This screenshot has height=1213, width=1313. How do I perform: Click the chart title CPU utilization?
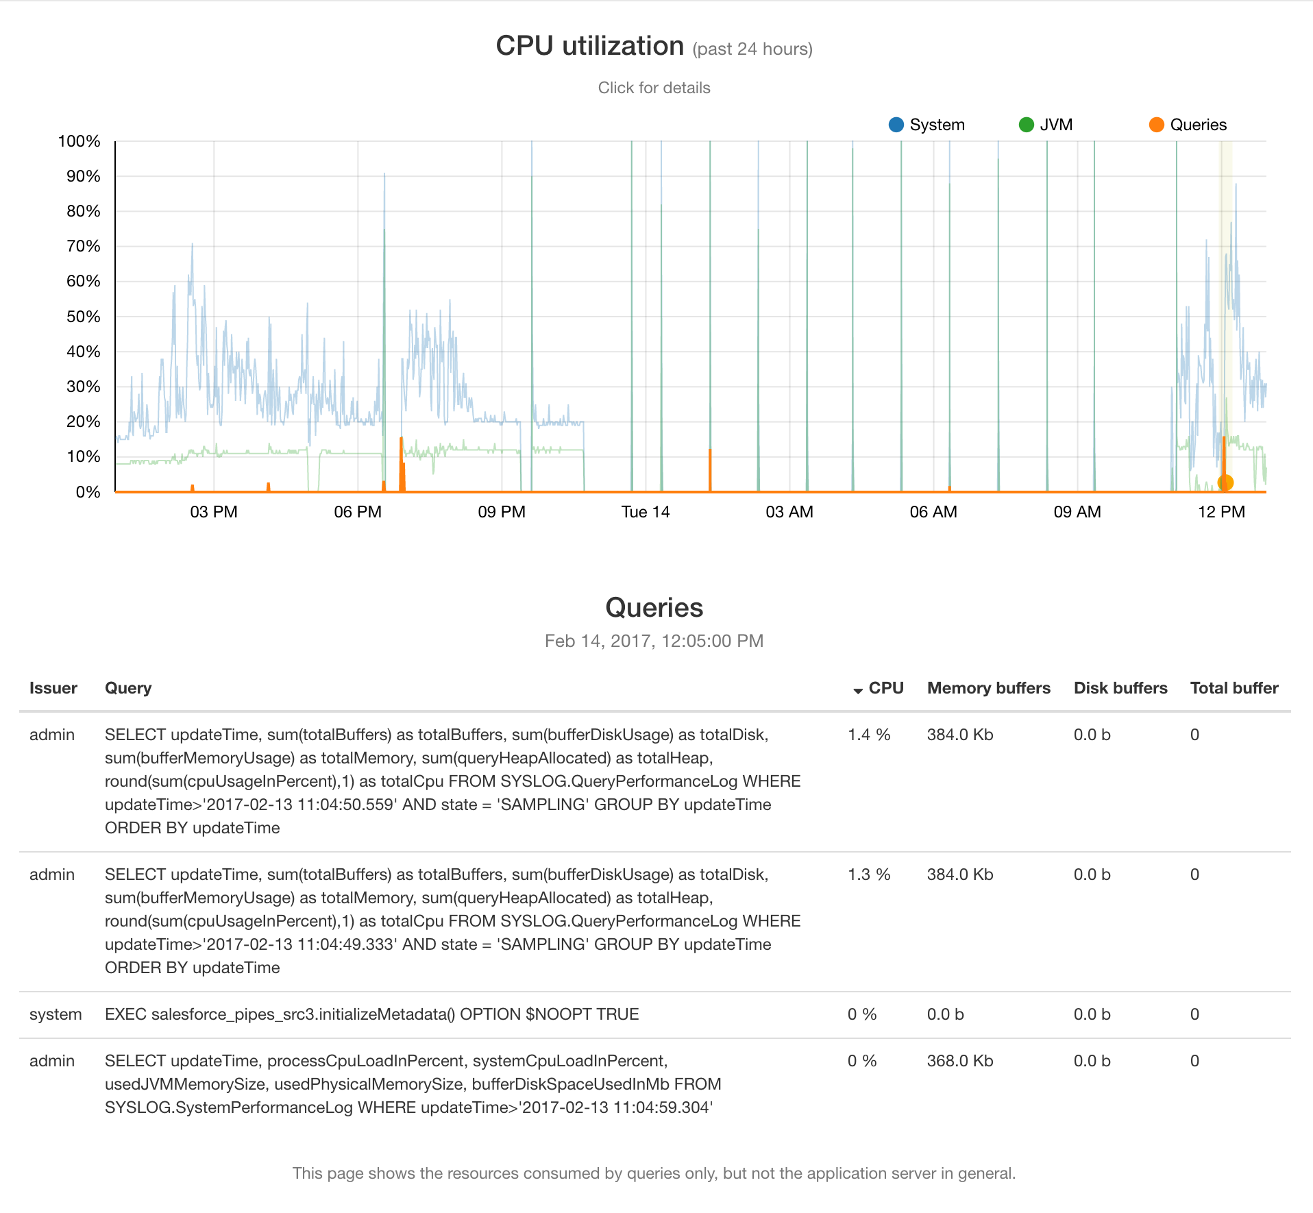[x=589, y=46]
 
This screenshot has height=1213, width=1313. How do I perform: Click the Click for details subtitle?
[x=654, y=88]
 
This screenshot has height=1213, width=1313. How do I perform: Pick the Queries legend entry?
[x=1188, y=125]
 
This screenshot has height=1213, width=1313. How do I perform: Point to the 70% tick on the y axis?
[x=84, y=246]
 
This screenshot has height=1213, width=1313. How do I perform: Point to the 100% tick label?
[x=79, y=141]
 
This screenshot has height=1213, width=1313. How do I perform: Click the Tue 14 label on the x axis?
[x=645, y=512]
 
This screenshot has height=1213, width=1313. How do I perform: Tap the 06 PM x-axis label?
[x=357, y=512]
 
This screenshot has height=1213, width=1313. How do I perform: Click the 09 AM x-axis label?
[x=1077, y=512]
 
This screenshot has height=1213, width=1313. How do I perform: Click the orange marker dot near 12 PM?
[x=1225, y=482]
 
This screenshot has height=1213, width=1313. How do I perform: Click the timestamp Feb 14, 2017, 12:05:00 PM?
[x=654, y=641]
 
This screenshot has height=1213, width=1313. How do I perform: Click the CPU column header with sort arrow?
[x=879, y=688]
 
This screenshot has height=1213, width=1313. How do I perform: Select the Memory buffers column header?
[x=988, y=688]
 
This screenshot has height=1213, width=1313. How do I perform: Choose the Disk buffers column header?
[x=1120, y=688]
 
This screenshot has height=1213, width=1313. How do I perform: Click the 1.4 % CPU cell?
[x=868, y=735]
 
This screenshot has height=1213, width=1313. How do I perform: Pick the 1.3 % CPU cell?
[x=868, y=874]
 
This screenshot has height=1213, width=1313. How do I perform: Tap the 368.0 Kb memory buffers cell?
[x=959, y=1061]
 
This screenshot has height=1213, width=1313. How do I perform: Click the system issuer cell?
[x=56, y=1014]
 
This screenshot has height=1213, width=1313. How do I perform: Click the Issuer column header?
[x=53, y=688]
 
